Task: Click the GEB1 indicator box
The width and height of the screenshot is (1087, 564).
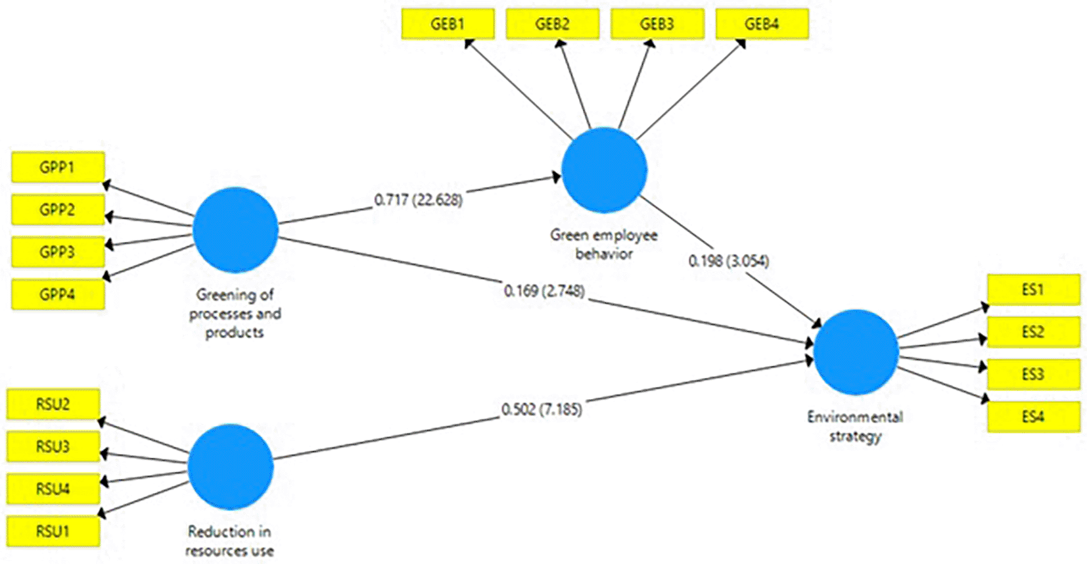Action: click(448, 24)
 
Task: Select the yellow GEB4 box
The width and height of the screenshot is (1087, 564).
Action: click(762, 24)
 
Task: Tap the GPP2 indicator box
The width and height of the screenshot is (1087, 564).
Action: click(58, 210)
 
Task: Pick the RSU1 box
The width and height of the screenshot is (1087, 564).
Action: click(53, 532)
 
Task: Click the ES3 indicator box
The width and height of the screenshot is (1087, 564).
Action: click(1034, 374)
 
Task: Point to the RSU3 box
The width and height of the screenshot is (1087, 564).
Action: click(53, 446)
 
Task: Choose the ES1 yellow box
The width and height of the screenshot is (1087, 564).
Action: click(1034, 290)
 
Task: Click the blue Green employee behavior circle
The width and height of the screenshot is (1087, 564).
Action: click(604, 170)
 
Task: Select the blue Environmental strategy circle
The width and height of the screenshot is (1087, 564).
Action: click(856, 352)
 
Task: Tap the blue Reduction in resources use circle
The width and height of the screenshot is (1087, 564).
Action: click(231, 467)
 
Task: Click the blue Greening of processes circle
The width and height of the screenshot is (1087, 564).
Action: click(235, 230)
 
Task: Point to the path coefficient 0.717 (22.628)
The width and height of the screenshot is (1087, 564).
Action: click(418, 199)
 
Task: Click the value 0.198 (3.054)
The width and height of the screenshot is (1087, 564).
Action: click(729, 261)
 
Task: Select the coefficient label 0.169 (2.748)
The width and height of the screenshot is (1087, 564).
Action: click(544, 291)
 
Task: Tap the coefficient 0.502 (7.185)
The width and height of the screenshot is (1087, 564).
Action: click(542, 410)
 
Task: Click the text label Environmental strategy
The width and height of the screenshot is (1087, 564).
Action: click(855, 427)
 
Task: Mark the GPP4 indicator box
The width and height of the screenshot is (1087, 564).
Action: click(58, 294)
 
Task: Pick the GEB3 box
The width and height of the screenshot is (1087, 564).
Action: click(657, 24)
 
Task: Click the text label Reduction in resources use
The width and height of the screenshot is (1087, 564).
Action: click(229, 541)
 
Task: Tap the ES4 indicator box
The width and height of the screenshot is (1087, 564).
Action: click(1034, 417)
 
